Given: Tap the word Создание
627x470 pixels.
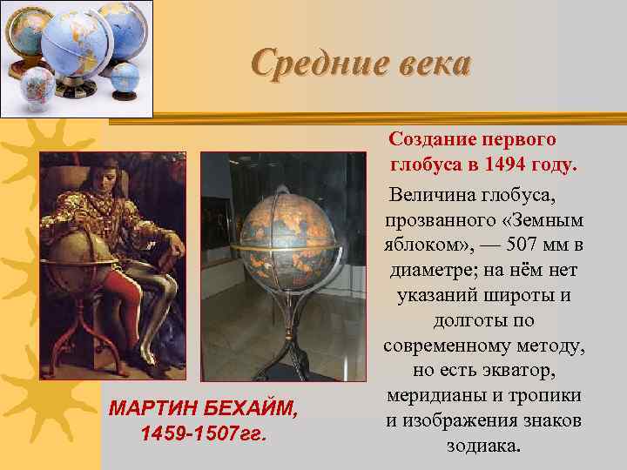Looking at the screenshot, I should click(x=430, y=139).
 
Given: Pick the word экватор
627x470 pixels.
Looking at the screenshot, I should click(x=538, y=371).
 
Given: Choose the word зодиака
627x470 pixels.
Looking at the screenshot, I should click(x=483, y=446).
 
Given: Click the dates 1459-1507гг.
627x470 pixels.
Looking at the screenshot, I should click(x=202, y=433).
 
